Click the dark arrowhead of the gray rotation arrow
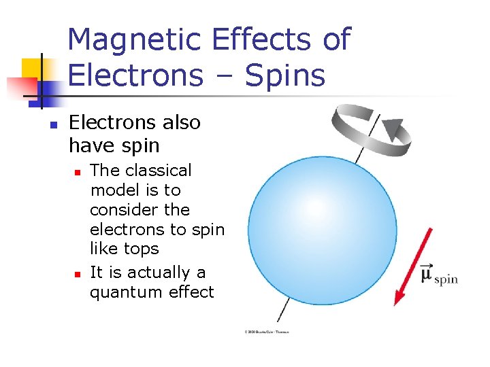(392, 129)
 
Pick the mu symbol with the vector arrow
(427, 273)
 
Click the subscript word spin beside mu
(446, 279)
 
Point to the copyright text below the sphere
(267, 332)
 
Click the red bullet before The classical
(78, 171)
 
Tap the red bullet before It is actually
(78, 274)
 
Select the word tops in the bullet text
(142, 249)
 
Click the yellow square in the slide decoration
(32, 68)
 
